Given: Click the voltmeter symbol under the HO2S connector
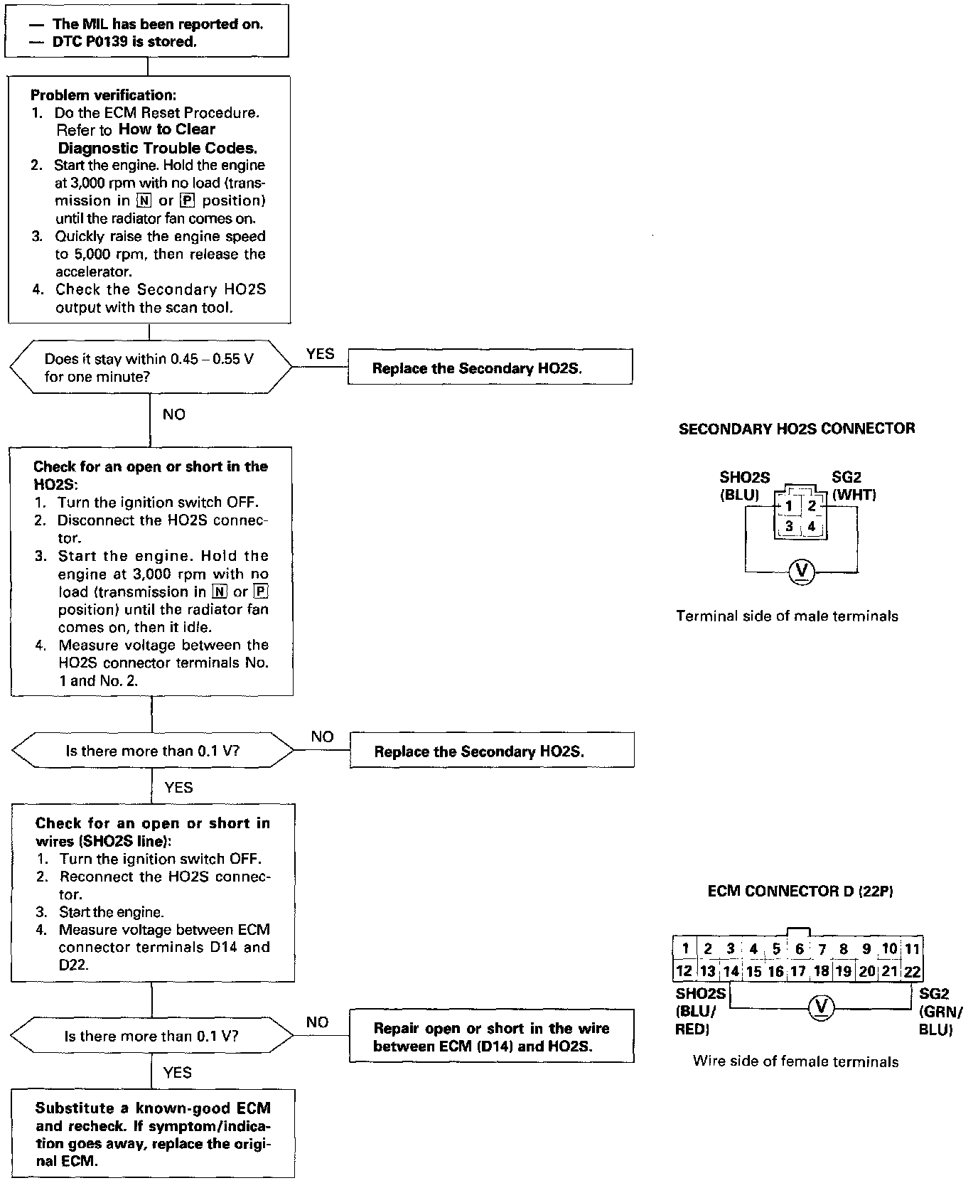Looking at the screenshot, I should click(802, 571).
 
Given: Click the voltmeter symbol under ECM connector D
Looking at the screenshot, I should click(822, 1007).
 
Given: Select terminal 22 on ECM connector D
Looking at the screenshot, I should click(911, 971).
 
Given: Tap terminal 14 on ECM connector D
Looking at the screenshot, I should click(731, 971).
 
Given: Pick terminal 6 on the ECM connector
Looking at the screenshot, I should click(799, 948).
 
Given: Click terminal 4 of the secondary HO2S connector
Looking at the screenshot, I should click(811, 528).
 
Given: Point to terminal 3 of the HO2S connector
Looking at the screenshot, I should click(788, 528).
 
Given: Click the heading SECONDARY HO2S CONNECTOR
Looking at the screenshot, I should click(797, 429).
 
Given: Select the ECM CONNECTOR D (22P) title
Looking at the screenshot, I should click(800, 891).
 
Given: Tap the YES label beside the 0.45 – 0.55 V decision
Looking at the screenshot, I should click(320, 354).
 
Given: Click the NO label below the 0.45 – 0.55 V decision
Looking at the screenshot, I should click(173, 414).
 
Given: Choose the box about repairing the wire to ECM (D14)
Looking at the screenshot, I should click(491, 1037).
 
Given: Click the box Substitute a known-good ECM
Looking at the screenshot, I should click(153, 1135).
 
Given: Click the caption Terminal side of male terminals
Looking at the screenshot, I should click(787, 616).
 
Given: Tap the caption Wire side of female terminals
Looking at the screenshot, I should click(795, 1061).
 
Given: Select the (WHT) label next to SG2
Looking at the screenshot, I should click(854, 495).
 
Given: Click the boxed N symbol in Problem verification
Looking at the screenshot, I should click(144, 200).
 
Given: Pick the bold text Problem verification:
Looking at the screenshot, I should click(104, 95).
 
